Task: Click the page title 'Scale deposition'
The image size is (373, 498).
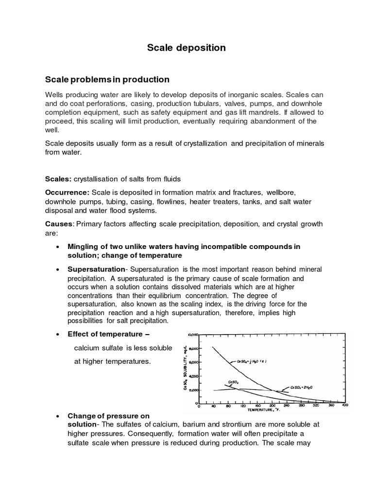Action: pos(186,48)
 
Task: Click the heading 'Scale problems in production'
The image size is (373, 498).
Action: pos(107,79)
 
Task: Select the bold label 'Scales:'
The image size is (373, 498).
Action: pos(58,178)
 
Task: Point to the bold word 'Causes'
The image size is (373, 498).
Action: pos(58,224)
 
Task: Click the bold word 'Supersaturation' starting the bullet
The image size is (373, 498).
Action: pos(97,269)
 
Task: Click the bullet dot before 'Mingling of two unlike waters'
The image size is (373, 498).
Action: pos(58,247)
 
